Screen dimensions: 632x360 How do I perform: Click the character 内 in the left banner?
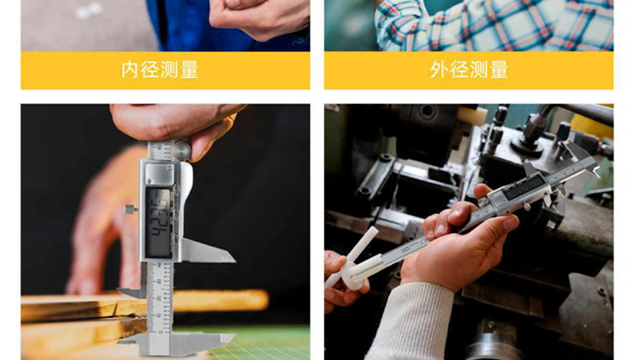[130, 70]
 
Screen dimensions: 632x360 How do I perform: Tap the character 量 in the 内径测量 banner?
[190, 70]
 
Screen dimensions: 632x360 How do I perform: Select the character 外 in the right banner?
[439, 70]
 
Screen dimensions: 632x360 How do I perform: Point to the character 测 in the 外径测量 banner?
[478, 70]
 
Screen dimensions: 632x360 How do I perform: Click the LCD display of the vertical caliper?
[159, 222]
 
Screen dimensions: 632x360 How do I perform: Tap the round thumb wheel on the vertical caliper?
[182, 150]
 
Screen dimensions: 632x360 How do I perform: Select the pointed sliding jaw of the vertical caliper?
[207, 251]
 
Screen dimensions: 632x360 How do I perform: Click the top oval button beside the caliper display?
[176, 189]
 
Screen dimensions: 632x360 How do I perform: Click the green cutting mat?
[262, 342]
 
